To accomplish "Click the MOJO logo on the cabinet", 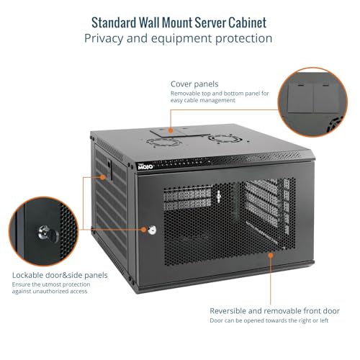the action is (x=145, y=166).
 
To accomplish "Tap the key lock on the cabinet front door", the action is (x=152, y=230).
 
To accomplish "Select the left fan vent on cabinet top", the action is (x=163, y=142).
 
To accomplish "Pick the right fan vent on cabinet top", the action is (x=225, y=139).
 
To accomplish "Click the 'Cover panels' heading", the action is (x=194, y=84).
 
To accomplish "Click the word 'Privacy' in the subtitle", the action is (x=104, y=38).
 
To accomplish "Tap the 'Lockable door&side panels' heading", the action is (x=60, y=275).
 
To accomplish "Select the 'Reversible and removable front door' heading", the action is (x=275, y=311).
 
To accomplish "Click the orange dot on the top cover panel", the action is (x=171, y=130).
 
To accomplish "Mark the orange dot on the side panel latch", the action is (x=103, y=177).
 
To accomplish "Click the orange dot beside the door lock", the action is (x=143, y=230).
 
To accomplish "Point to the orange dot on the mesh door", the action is (x=271, y=255).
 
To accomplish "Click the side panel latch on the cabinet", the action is (x=109, y=170).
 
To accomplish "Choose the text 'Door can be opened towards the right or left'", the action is (x=269, y=320).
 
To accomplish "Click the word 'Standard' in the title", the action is (x=114, y=23).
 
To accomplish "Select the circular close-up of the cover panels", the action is (x=312, y=102).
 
